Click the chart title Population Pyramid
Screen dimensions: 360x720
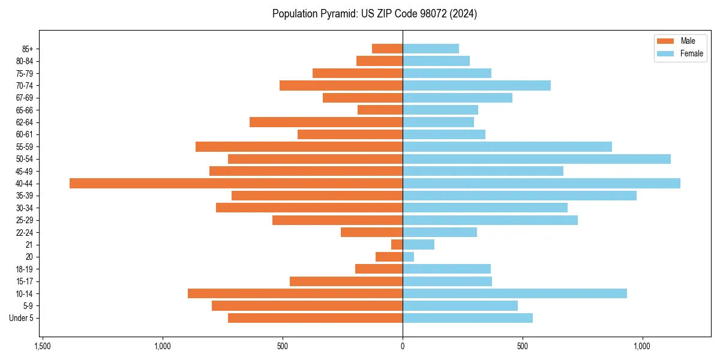coord(374,14)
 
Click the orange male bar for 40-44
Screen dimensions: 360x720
coord(236,184)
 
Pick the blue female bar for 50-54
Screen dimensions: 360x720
coord(536,159)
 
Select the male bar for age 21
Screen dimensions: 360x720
coord(397,245)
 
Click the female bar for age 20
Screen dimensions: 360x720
coord(408,257)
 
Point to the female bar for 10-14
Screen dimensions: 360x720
coord(514,293)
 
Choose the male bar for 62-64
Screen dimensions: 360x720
coord(326,122)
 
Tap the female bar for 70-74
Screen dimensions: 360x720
coord(476,85)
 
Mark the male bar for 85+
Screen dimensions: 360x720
coord(387,49)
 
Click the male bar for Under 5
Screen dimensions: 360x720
coord(315,318)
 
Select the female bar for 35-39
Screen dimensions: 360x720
coord(519,196)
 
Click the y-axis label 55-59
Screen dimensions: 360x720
coord(24,147)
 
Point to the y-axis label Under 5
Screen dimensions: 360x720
coord(22,318)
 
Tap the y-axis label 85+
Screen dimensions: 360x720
coord(27,49)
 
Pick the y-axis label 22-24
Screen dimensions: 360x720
coord(24,232)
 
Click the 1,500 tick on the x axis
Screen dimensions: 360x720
coord(42,346)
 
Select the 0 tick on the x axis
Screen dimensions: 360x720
coord(403,346)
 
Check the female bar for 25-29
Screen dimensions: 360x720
coord(490,220)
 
